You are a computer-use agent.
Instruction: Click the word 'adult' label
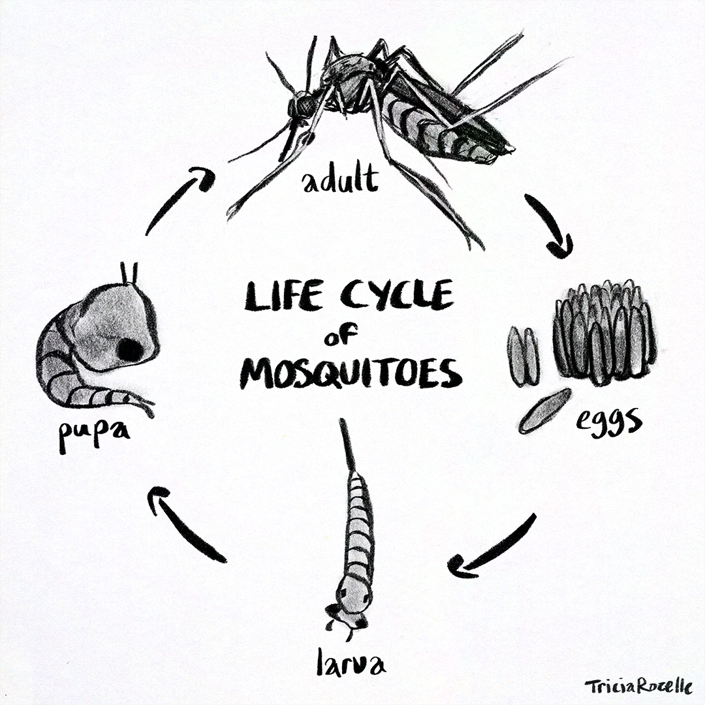click(x=339, y=180)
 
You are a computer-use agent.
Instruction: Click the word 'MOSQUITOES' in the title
click(x=351, y=374)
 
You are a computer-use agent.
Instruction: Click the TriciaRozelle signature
click(x=638, y=686)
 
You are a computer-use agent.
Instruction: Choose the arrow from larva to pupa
click(x=185, y=525)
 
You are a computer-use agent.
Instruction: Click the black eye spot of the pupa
click(x=130, y=351)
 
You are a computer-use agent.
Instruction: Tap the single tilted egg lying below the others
click(x=544, y=411)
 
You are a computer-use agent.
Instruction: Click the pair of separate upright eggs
click(x=524, y=356)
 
